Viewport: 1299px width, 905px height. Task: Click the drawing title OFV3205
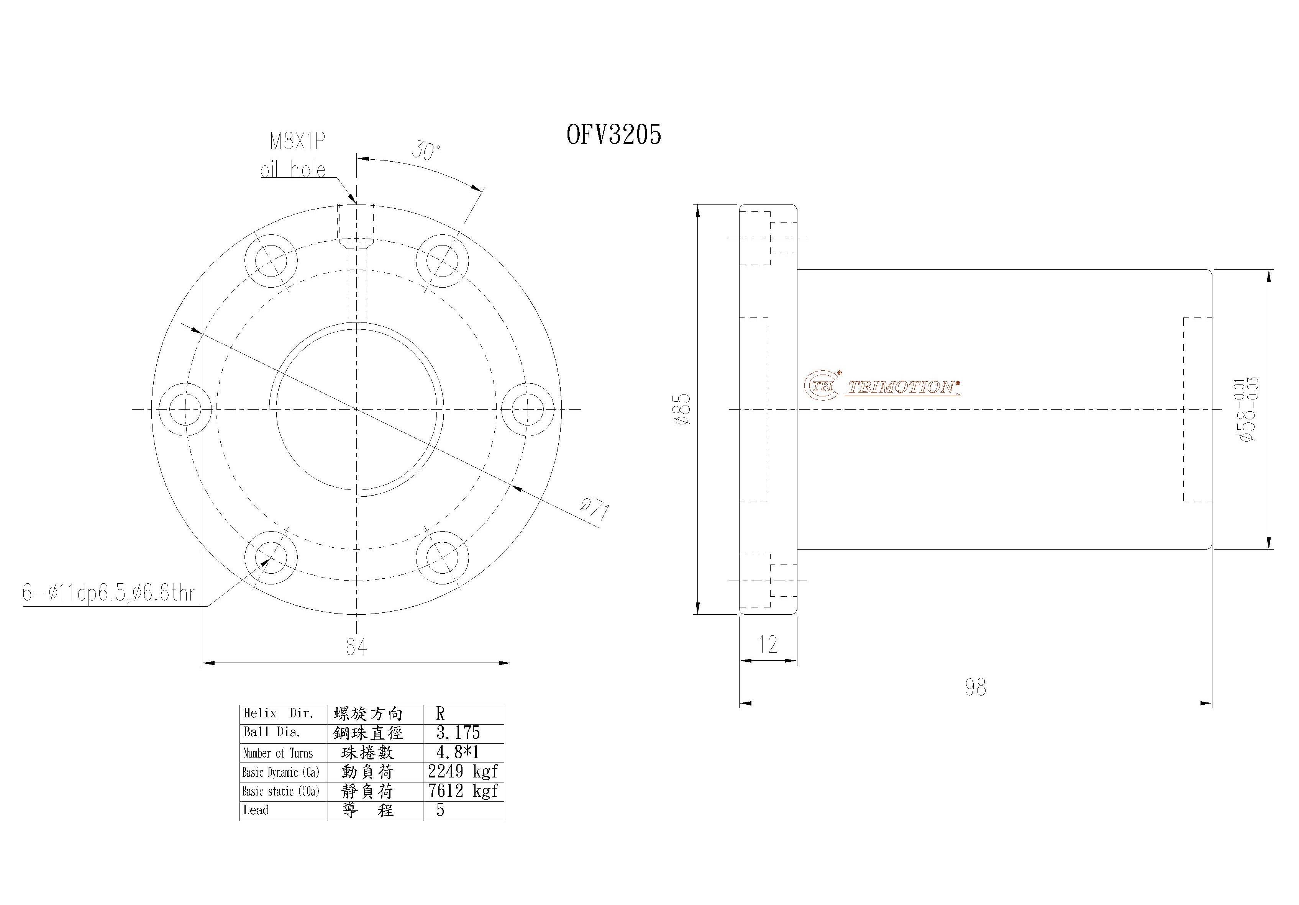[613, 134]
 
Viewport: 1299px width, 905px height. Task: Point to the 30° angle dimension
[425, 151]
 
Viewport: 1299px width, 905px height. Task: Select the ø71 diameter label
[594, 509]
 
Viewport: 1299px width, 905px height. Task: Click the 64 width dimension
[356, 646]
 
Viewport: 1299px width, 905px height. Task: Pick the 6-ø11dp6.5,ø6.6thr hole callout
[108, 593]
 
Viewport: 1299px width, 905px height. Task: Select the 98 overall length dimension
[975, 687]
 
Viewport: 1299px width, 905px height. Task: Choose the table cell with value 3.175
[458, 733]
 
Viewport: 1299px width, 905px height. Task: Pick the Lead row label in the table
[256, 810]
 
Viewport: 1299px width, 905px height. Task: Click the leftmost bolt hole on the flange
[185, 409]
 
